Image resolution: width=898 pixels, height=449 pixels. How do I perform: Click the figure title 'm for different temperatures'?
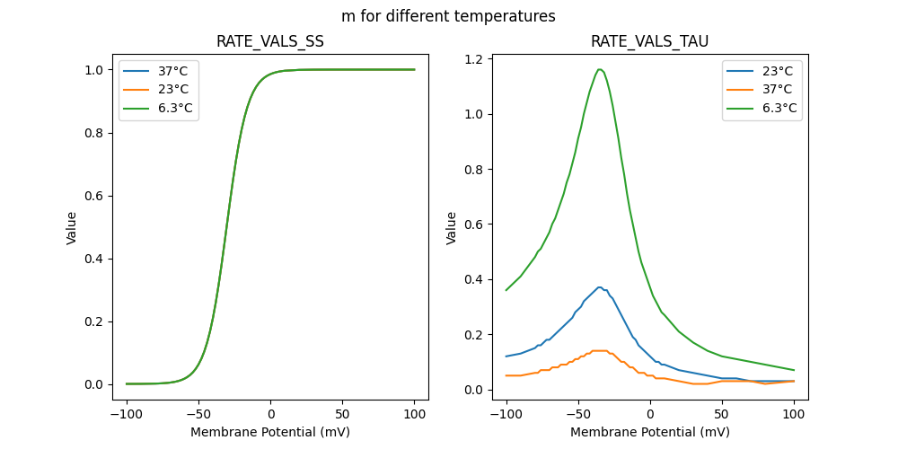[x=448, y=16]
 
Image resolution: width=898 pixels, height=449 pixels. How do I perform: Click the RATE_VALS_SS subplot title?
[x=270, y=41]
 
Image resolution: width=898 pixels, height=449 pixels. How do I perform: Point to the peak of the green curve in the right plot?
[x=599, y=69]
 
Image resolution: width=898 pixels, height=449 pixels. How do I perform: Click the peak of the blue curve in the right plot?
[x=599, y=287]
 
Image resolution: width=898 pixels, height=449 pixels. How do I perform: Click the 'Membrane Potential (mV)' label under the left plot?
[x=270, y=431]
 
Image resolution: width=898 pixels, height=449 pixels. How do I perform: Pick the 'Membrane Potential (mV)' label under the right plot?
[x=650, y=431]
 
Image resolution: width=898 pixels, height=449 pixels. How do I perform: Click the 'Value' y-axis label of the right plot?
[x=452, y=228]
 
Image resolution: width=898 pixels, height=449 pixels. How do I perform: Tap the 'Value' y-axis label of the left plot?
[x=72, y=228]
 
